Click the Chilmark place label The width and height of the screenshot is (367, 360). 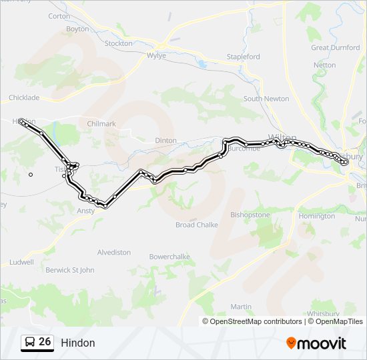101,123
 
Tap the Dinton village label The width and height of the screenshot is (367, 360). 165,141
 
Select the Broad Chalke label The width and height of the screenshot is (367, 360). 197,225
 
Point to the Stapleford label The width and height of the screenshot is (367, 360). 243,57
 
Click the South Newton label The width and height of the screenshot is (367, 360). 266,99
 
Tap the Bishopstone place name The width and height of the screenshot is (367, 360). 250,215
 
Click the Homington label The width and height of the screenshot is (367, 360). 317,216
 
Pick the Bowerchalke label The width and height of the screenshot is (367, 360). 169,257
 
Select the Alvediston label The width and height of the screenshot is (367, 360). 114,253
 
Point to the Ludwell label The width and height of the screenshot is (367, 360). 21,262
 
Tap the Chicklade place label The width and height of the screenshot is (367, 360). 24,97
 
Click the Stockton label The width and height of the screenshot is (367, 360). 119,43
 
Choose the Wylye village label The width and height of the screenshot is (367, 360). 156,56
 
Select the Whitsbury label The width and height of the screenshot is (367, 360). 323,313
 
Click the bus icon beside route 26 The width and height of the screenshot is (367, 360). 30,343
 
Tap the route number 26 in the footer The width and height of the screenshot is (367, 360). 45,342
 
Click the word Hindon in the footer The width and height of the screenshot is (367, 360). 78,343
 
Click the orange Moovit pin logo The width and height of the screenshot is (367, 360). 292,343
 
